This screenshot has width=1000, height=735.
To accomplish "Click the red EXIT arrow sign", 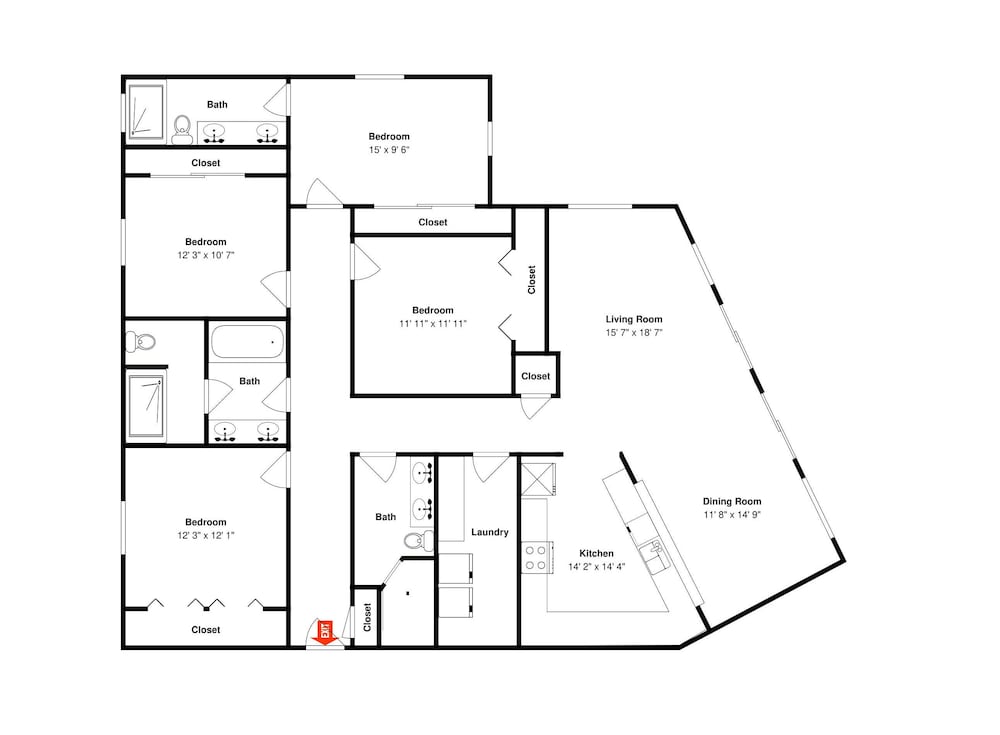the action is click(x=326, y=633).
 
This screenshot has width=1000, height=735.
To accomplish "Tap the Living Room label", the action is click(x=634, y=319).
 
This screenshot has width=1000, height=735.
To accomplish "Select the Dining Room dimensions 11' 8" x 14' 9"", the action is click(x=732, y=515).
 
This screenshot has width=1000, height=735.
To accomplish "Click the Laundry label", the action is click(x=490, y=532).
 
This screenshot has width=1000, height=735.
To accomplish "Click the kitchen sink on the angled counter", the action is click(x=654, y=556).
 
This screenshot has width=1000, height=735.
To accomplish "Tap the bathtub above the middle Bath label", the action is click(x=247, y=342).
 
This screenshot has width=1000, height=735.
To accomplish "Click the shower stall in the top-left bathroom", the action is click(x=147, y=111).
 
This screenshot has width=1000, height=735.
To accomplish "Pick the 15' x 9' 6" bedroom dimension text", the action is click(x=389, y=150).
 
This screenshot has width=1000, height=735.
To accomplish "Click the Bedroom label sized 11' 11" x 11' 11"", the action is click(x=432, y=310).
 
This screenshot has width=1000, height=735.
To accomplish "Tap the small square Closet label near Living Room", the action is click(x=536, y=376).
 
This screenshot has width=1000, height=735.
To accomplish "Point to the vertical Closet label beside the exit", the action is click(x=367, y=618).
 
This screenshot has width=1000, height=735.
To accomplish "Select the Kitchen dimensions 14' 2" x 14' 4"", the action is click(x=596, y=567).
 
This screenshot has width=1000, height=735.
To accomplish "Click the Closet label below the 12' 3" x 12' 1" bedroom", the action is click(x=205, y=630).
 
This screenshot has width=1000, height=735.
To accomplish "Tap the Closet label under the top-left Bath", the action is click(x=205, y=163).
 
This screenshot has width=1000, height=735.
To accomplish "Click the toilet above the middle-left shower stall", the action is click(x=141, y=342).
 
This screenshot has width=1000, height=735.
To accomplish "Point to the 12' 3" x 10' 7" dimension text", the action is click(x=206, y=255).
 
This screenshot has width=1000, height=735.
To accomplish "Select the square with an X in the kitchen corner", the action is click(x=538, y=480).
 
